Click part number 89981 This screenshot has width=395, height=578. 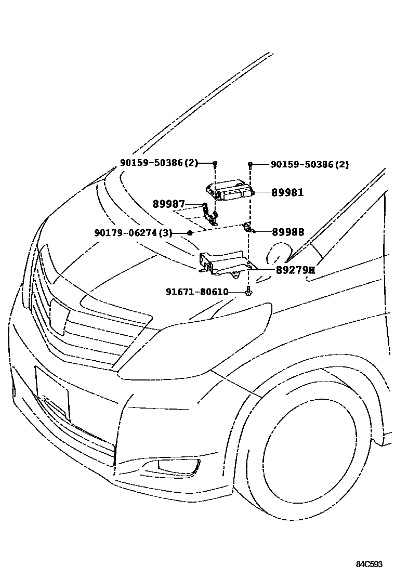[x=287, y=192]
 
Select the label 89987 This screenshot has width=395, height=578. [x=168, y=204]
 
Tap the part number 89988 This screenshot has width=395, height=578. [x=284, y=232]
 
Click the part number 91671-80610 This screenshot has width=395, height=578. [x=197, y=292]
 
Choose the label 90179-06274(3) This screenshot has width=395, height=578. [x=133, y=233]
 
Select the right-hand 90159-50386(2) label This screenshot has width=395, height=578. [x=310, y=164]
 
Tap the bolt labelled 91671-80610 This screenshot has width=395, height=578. [x=248, y=293]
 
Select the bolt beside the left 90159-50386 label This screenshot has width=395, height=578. [x=214, y=164]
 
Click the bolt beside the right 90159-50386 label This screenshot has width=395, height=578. [x=250, y=165]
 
